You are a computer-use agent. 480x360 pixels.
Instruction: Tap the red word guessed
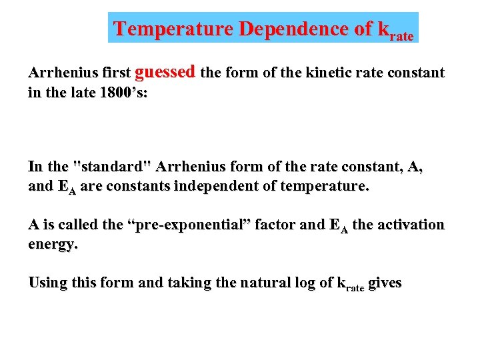[x=165, y=71]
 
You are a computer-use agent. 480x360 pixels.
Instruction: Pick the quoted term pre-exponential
[x=192, y=225]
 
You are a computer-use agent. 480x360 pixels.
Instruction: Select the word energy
[x=53, y=245]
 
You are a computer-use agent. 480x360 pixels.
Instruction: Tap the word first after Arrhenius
[x=115, y=73]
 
